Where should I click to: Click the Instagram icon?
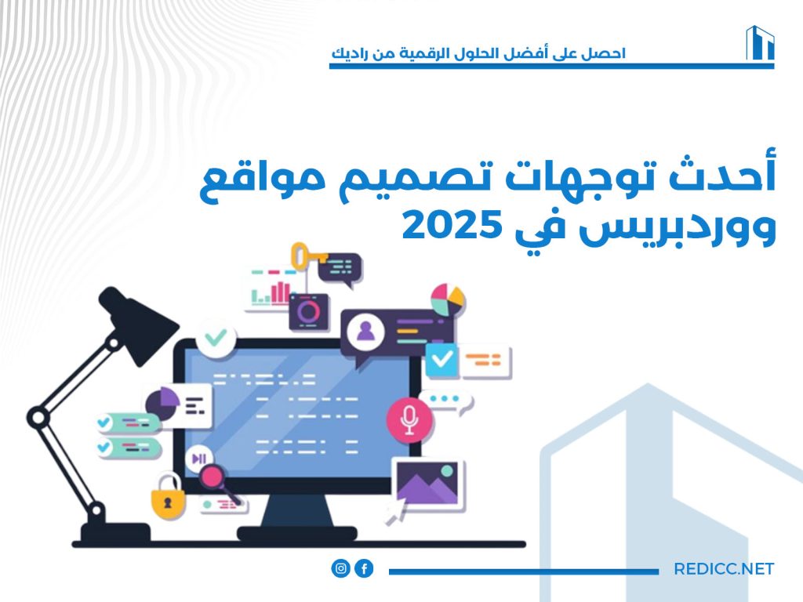coord(340,568)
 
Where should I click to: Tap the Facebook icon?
coord(364,568)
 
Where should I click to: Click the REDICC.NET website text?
coord(724,569)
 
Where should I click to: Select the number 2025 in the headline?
coord(451,227)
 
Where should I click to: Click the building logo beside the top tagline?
coord(760,43)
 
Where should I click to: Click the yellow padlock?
coord(168,497)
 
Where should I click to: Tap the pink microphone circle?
coord(409,420)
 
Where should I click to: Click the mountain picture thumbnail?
coord(428,484)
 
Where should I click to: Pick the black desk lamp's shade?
coord(137,324)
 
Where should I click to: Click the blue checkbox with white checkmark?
coord(441,360)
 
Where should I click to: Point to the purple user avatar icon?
coord(365,332)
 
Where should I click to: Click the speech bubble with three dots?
coord(445,401)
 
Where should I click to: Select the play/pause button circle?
coord(199,459)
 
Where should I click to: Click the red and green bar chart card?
coord(271,289)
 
